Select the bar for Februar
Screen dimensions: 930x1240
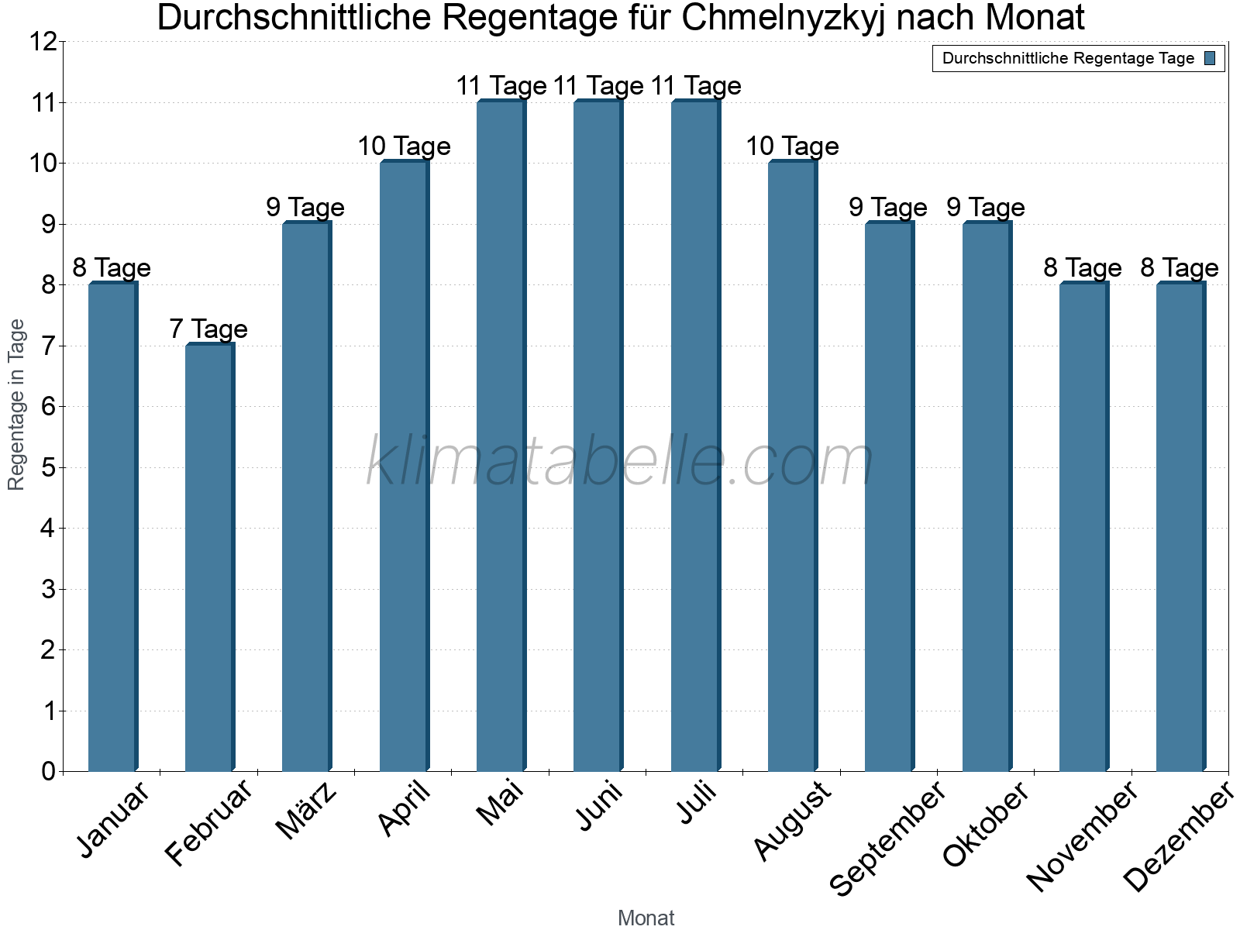pos(209,558)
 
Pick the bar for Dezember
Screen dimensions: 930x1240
pos(1180,527)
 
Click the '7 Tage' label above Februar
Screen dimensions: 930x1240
pos(208,329)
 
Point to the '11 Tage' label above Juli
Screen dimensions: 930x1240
pos(696,86)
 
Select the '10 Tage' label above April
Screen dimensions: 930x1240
pos(404,146)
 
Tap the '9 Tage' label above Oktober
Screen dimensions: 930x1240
pos(986,208)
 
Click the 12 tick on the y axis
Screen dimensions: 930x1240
pos(43,42)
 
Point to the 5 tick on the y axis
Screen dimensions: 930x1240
pos(49,467)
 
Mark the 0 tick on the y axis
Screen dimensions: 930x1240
pos(49,771)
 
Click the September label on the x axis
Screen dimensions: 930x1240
pos(888,837)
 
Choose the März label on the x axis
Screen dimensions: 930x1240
pos(308,811)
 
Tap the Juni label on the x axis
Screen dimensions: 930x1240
pos(599,806)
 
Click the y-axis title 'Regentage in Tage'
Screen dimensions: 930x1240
pos(16,405)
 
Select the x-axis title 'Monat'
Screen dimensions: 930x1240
pos(646,918)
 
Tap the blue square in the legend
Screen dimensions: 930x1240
pos(1210,58)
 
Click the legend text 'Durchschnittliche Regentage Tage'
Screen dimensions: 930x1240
pos(1068,58)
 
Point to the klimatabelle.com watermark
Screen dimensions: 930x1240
pos(620,461)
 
